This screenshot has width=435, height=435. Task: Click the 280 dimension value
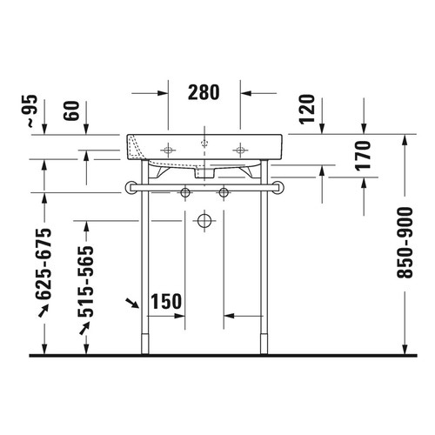(204, 91)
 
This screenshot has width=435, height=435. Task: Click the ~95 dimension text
(33, 110)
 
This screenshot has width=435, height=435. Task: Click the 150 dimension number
(165, 302)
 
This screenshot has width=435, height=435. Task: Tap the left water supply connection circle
(184, 191)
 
